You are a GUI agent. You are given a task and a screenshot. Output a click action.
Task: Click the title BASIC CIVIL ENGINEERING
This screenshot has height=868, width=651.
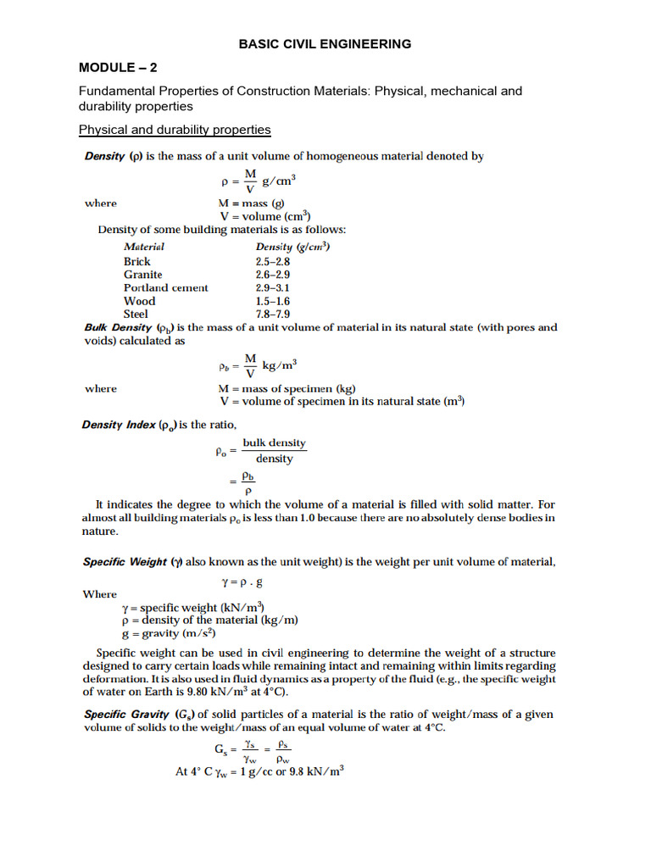click(x=325, y=44)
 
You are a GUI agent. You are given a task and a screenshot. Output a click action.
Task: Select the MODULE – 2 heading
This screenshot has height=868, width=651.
click(x=119, y=67)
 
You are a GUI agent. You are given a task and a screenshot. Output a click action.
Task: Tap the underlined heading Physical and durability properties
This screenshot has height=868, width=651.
click(x=175, y=130)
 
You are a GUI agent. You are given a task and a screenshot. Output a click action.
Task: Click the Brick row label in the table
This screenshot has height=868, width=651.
click(x=136, y=261)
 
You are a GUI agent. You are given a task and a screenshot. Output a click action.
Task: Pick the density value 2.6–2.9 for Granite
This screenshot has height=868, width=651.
click(x=273, y=275)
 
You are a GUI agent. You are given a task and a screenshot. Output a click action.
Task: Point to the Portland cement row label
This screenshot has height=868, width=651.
click(x=165, y=287)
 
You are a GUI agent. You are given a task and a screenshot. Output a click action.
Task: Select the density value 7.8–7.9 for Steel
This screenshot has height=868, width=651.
click(x=273, y=314)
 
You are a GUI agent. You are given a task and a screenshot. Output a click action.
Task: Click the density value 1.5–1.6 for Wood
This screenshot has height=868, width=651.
click(x=273, y=301)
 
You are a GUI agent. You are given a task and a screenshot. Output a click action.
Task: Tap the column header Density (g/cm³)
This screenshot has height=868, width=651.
click(x=292, y=247)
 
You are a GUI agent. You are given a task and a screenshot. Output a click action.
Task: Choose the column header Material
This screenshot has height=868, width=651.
click(x=144, y=247)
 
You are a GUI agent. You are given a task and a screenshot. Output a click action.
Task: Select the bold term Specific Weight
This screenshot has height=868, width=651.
click(x=124, y=562)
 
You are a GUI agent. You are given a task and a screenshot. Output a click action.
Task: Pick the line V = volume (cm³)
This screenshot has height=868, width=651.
click(x=264, y=216)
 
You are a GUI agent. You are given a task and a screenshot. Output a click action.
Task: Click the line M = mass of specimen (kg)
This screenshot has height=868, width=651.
click(x=287, y=388)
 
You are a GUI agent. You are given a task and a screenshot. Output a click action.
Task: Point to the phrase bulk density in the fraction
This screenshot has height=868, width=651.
click(x=274, y=443)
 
